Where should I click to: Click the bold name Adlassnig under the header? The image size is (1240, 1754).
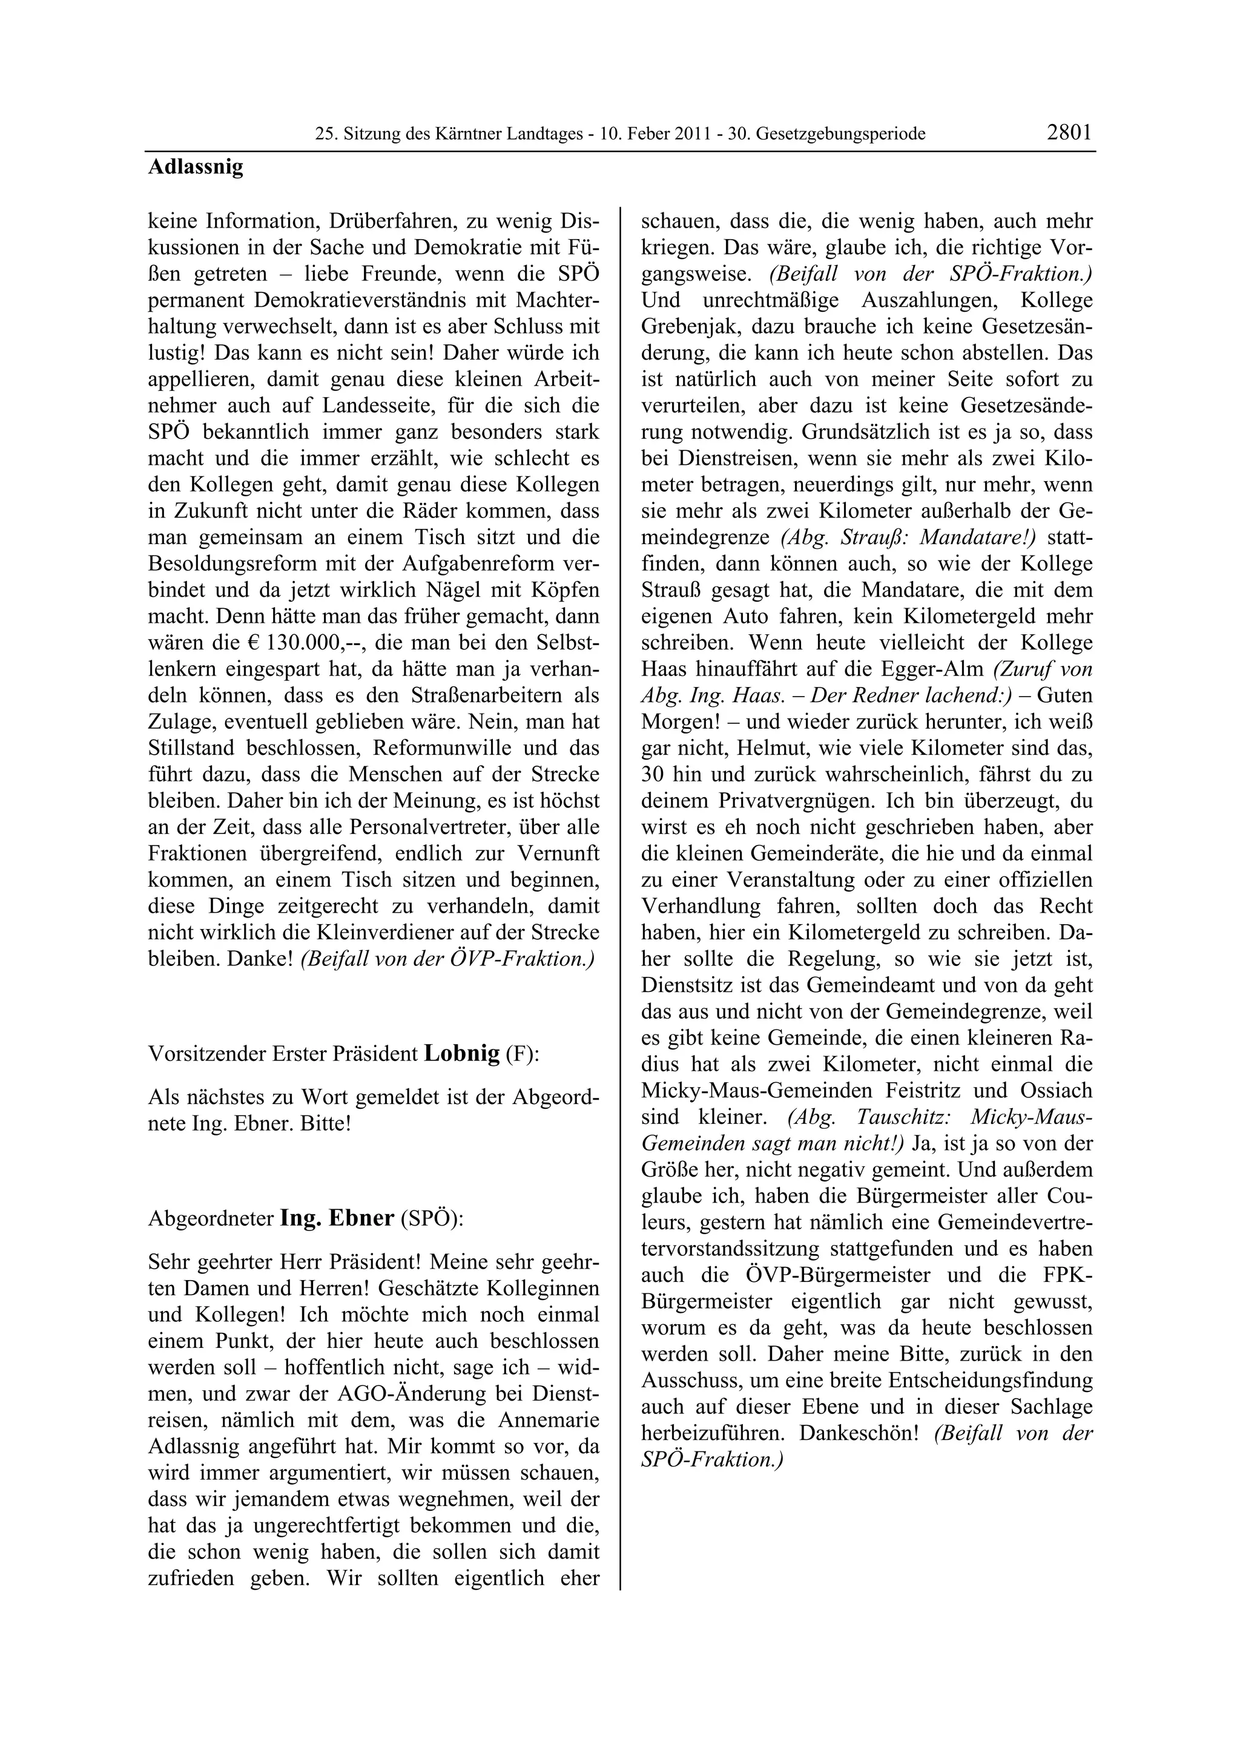[196, 166]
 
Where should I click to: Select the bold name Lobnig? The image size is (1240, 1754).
[461, 1054]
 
